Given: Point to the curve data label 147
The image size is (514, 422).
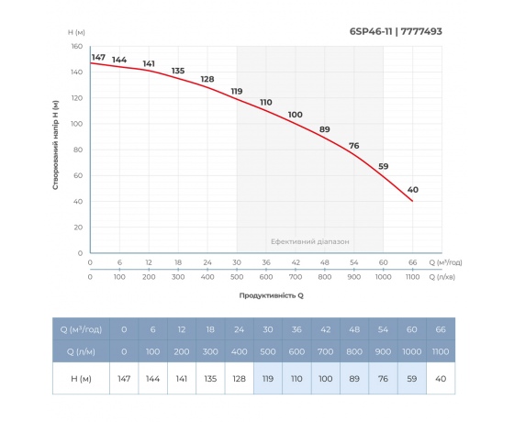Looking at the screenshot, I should [x=99, y=58].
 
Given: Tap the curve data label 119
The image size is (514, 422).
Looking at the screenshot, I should [x=237, y=91].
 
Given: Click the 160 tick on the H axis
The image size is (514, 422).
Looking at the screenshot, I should [x=77, y=46].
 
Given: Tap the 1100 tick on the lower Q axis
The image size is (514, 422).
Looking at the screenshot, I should [x=412, y=276].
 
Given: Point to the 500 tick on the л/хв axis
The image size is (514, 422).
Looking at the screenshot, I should [x=237, y=276].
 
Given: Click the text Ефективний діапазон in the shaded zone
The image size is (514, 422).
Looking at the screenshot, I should [x=310, y=241].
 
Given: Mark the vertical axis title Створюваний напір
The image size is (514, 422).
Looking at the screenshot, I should [x=57, y=146].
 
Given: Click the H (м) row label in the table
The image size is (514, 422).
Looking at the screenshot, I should [x=81, y=376].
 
